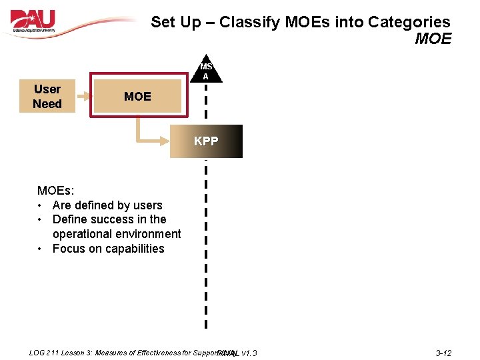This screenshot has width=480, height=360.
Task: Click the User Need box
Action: (x=47, y=97)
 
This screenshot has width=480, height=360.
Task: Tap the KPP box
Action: (x=206, y=141)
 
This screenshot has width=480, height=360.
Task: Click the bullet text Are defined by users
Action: (x=107, y=205)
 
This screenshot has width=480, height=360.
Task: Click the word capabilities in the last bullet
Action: (x=131, y=249)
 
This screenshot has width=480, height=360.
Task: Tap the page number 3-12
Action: (x=443, y=353)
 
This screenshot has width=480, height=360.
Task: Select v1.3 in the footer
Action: (x=249, y=353)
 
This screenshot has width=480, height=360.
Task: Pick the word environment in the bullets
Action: (x=148, y=234)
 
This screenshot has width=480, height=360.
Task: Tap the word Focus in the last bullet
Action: (x=68, y=249)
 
